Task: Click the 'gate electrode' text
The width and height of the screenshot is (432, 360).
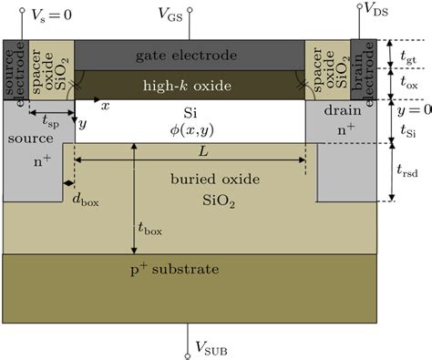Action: [x=189, y=56]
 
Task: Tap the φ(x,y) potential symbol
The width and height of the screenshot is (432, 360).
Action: [x=190, y=132]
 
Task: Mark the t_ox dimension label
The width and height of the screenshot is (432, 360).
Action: [x=410, y=84]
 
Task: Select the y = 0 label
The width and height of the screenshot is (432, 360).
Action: [x=410, y=109]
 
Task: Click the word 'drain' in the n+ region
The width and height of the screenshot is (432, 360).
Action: [x=340, y=110]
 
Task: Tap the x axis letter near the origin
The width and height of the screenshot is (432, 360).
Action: [x=106, y=106]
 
